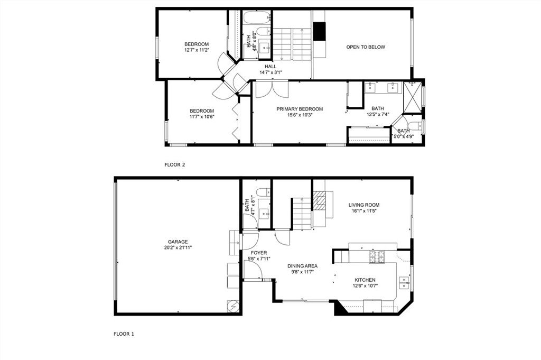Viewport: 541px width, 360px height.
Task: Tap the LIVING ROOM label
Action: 363,205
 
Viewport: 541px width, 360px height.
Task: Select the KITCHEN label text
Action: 365,280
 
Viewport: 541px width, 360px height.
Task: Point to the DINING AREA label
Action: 302,266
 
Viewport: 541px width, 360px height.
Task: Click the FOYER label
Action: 259,253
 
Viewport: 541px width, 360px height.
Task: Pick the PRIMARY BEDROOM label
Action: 300,109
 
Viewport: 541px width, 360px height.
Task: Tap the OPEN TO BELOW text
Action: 366,47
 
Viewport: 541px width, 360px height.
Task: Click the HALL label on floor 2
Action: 270,66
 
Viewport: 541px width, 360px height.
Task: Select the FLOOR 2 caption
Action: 174,165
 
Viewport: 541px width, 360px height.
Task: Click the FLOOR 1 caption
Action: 124,334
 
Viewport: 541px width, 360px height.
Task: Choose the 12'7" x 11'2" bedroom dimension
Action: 197,50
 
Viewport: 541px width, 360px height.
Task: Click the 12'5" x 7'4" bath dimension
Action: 377,114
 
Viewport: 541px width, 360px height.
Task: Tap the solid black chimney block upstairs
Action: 319,31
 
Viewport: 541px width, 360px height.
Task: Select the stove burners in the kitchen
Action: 378,257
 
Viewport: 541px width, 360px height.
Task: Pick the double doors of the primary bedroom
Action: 272,89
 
